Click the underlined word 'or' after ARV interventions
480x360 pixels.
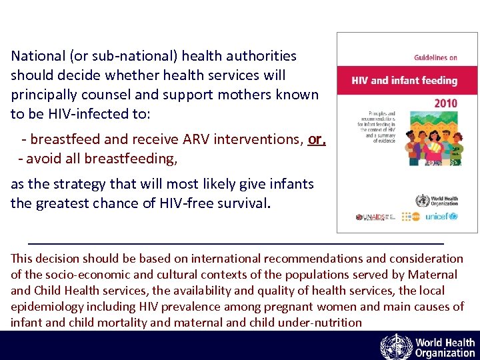316,140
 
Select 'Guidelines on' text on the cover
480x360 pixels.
435,58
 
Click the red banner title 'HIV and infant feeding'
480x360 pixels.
405,81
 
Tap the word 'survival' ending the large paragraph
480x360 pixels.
246,203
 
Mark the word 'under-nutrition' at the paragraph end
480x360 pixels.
321,323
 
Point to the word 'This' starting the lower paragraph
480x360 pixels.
23,259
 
